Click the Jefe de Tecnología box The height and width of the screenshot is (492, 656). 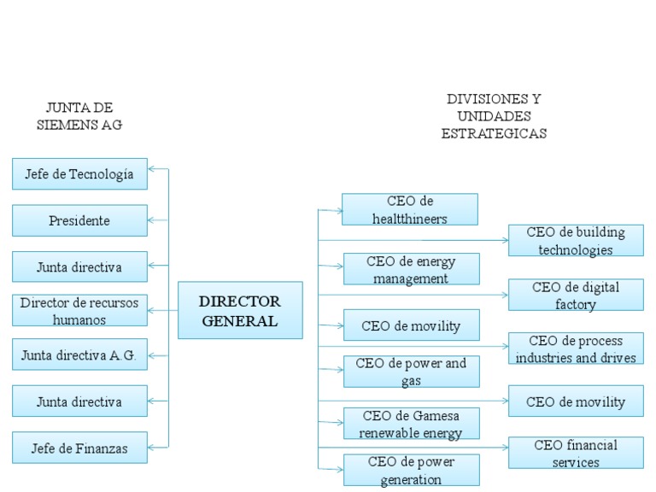point(79,174)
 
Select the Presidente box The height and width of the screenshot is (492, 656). point(79,220)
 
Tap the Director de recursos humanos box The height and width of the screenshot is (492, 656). point(79,310)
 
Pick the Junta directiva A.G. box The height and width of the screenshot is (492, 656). point(79,354)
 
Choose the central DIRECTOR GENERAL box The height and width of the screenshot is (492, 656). point(240,310)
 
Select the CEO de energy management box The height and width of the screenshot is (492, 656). point(411,269)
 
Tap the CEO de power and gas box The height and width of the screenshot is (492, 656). point(411,372)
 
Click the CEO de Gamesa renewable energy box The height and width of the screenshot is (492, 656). point(411,424)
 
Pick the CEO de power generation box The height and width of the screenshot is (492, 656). point(411,470)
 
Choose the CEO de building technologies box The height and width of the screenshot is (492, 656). point(576,241)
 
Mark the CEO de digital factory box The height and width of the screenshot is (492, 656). point(576,295)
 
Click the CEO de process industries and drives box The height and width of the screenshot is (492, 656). point(576,348)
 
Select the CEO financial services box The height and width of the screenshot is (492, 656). point(576,453)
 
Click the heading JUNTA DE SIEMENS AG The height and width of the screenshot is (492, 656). point(79,115)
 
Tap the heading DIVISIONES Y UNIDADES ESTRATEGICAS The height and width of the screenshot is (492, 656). point(494,116)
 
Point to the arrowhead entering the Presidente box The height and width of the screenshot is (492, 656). point(152,220)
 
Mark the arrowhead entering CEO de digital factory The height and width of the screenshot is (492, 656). point(504,295)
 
